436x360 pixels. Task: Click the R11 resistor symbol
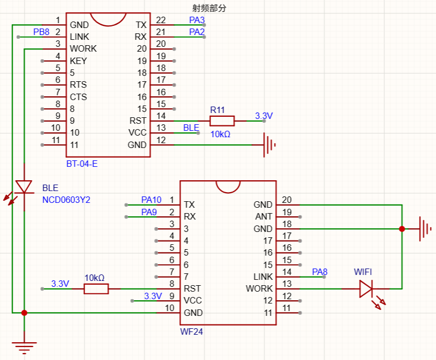222,121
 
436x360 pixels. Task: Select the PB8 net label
41,32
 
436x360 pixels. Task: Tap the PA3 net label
197,20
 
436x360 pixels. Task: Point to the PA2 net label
197,32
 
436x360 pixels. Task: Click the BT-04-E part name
82,164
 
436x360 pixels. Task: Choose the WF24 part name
192,331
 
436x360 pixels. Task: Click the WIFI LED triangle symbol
366,289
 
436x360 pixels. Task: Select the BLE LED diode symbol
24,187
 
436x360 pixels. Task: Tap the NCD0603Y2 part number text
66,200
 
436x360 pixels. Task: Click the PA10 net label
151,200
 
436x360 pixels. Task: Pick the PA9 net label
149,212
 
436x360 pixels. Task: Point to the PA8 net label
320,272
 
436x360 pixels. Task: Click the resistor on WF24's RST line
96,289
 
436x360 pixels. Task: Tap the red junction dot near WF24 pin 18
402,229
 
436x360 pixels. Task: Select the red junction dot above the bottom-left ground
24,313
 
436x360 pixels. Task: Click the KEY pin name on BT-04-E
79,61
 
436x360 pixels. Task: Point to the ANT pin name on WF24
264,216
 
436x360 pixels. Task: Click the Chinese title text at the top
209,8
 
